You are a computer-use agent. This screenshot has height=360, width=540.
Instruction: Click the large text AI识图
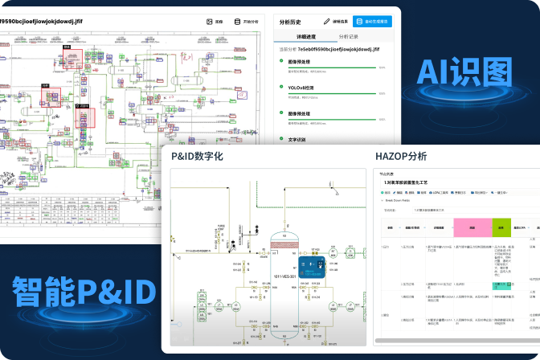pos(464,76)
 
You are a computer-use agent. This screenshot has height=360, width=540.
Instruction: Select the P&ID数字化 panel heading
pos(197,156)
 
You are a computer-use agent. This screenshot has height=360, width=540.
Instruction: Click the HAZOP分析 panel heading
pos(401,156)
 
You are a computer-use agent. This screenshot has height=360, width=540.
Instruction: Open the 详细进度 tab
pos(306,36)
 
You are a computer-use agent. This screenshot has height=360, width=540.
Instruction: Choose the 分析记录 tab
pos(348,36)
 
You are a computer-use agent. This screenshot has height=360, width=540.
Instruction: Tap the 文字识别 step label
pos(297,139)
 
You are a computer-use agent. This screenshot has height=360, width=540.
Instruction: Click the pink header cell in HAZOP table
pos(472,227)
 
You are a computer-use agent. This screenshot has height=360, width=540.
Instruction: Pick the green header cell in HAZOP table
pos(501,227)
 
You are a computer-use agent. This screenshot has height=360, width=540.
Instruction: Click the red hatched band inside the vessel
pos(283,240)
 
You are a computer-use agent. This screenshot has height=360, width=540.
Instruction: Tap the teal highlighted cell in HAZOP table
pos(501,285)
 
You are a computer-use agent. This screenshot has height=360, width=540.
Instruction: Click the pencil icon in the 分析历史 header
pos(327,22)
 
